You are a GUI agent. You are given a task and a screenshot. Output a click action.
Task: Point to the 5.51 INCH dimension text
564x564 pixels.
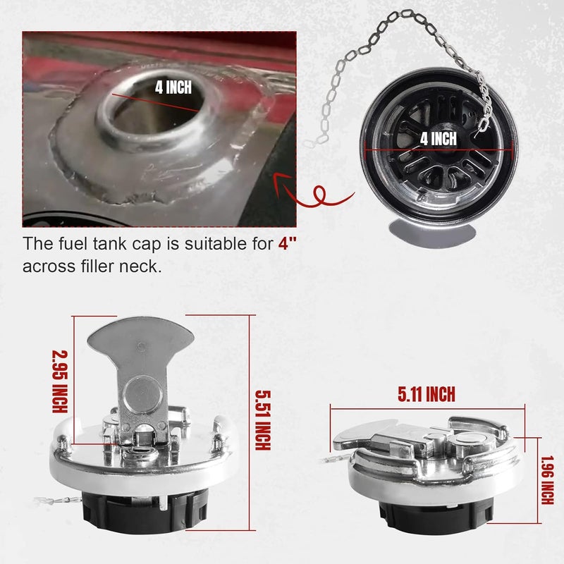tap(261, 422)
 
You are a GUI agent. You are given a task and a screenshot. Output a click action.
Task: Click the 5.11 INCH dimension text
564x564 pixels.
tap(426, 394)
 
